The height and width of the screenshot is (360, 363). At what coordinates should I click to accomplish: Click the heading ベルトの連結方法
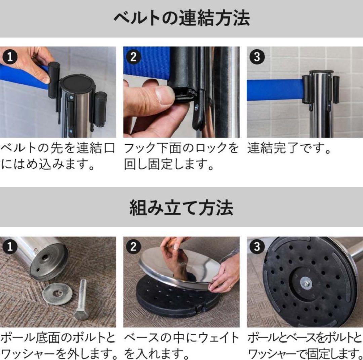point(181,18)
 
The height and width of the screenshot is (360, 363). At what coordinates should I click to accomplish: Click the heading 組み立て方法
point(181,208)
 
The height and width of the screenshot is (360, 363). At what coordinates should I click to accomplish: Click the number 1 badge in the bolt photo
point(10,247)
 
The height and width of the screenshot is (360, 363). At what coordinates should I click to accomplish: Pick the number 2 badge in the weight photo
point(133,247)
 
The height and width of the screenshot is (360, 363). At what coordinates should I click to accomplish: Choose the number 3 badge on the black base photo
point(257,247)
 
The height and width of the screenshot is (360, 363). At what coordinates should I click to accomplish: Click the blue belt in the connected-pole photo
point(274,90)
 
